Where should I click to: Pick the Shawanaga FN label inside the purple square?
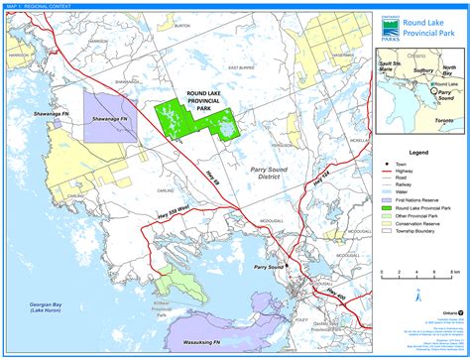(112, 119)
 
